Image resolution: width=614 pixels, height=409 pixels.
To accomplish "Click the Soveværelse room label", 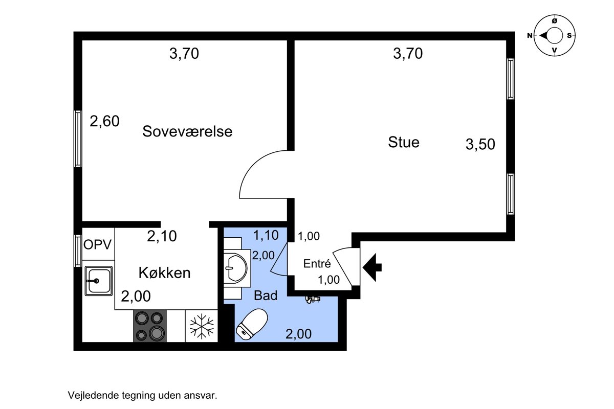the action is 187,131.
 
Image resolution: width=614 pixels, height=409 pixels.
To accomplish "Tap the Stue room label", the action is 404,142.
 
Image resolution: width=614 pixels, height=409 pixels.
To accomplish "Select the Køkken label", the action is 164,272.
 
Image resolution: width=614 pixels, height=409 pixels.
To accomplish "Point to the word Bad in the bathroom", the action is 266,296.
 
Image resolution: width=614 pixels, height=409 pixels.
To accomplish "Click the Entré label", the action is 317,263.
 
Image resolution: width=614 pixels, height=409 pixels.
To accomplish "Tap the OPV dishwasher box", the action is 98,244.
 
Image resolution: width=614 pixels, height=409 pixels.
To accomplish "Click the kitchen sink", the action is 98,281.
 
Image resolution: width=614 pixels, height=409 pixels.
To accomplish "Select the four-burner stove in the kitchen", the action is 150,326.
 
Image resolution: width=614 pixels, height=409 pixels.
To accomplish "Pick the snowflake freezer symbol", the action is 202,326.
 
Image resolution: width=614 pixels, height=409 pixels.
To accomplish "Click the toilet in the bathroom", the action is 252,324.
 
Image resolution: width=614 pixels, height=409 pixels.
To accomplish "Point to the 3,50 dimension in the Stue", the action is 480,144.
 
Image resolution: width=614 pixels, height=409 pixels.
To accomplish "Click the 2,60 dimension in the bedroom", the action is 104,121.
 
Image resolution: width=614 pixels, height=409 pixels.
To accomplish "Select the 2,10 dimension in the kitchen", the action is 162,236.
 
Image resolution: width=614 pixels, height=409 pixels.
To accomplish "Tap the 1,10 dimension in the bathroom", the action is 266,235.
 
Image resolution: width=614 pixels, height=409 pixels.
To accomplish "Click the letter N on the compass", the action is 530,36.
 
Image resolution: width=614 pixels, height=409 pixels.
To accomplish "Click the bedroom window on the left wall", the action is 78,139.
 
